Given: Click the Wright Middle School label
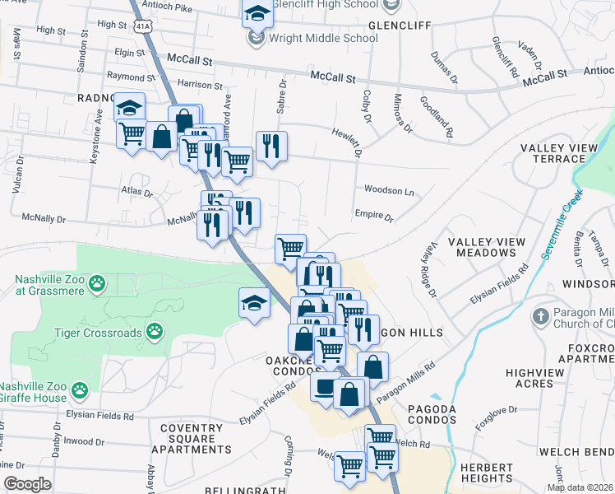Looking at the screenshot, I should click(x=324, y=38).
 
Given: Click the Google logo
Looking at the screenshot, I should click(x=27, y=483).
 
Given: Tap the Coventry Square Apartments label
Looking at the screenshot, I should click(x=197, y=439).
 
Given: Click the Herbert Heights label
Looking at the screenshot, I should click(x=486, y=473).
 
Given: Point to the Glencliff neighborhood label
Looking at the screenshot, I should click(x=400, y=26).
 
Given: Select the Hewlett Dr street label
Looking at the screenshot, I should click(x=348, y=137).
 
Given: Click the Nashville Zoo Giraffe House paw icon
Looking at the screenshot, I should click(x=79, y=389).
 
